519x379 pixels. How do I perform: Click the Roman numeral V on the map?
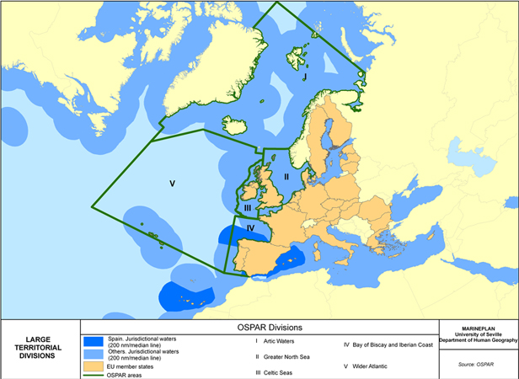[172, 183]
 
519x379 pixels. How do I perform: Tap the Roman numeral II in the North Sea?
[286, 177]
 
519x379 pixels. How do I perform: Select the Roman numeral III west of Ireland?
[248, 207]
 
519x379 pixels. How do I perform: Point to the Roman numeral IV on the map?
[250, 228]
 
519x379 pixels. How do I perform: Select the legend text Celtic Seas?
[281, 372]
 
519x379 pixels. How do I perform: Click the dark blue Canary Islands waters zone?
[187, 295]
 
